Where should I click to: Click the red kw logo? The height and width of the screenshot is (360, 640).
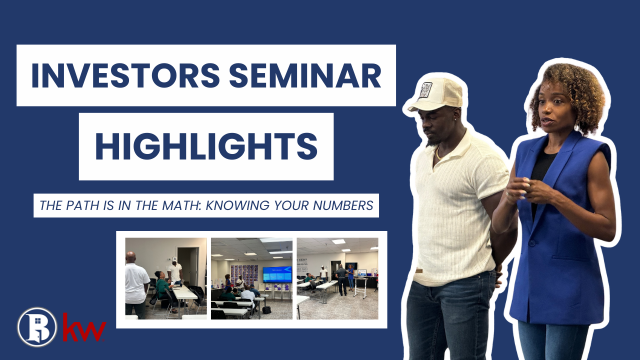click(x=84, y=327)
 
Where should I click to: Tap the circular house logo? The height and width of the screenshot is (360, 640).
click(x=37, y=327)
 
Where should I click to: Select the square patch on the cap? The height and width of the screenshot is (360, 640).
click(x=425, y=90)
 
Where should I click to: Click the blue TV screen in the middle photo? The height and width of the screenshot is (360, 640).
click(x=277, y=274)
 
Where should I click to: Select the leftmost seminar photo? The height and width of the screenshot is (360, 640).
click(x=165, y=278)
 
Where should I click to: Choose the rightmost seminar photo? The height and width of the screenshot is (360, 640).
click(x=337, y=278)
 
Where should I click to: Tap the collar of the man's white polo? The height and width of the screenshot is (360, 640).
click(x=452, y=145)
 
